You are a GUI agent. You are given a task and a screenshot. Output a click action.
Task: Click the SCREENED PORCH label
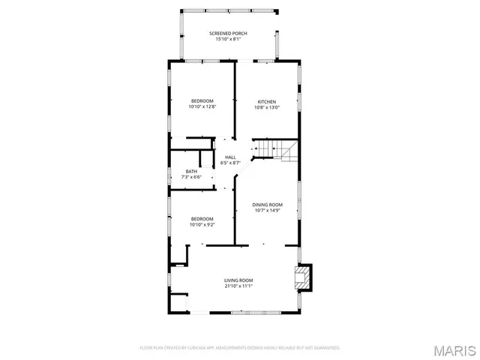click(x=228, y=34)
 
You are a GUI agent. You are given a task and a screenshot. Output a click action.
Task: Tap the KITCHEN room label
click(x=267, y=102)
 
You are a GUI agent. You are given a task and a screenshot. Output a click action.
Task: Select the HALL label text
click(x=230, y=157)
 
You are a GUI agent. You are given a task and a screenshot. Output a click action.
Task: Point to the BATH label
click(x=191, y=172)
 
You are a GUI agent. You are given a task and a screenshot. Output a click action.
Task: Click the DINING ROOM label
click(x=267, y=205)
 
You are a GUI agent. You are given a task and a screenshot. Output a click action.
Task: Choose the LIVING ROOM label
click(x=238, y=280)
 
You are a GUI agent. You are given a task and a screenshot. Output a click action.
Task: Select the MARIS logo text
click(x=458, y=350)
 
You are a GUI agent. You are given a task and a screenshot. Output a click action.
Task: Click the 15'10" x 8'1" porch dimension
click(x=228, y=40)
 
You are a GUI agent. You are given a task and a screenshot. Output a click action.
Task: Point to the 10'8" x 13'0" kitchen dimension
click(x=267, y=107)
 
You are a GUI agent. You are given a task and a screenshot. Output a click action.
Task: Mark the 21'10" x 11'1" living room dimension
click(x=238, y=286)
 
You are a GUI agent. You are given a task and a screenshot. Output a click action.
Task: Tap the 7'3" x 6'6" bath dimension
click(x=191, y=177)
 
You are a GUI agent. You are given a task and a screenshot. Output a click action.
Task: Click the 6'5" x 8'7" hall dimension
click(x=230, y=162)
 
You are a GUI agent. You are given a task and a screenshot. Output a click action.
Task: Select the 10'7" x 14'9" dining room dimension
click(x=267, y=210)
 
